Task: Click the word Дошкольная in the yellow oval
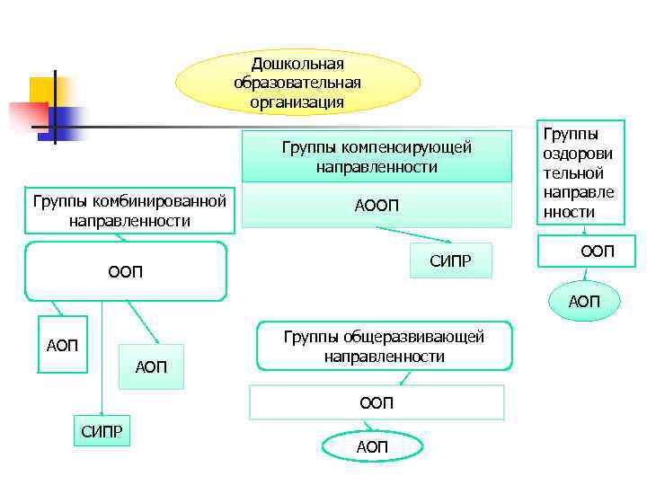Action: tap(297, 64)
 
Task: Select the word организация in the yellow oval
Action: tap(297, 102)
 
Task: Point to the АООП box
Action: tap(377, 207)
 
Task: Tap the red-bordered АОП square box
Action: tap(62, 346)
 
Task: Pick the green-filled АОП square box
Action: tap(150, 366)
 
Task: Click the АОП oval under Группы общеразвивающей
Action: tap(371, 446)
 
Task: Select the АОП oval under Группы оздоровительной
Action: tap(583, 301)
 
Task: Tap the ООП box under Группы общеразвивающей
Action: tap(377, 403)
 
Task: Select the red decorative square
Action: tap(27, 117)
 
